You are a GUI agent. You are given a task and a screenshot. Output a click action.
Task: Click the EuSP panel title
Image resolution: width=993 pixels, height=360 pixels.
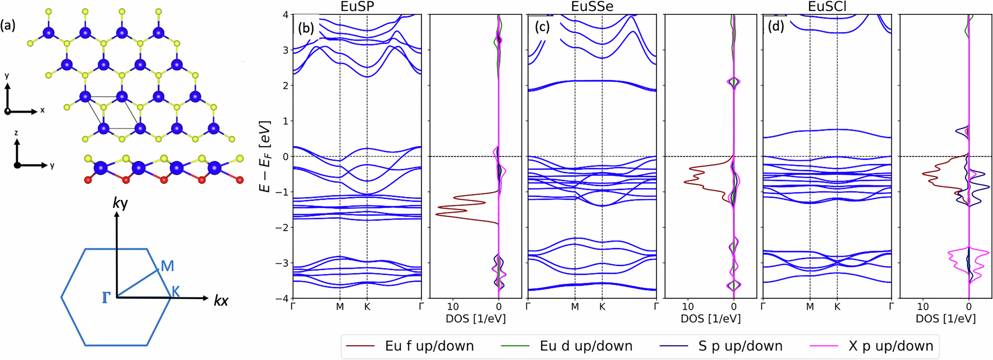[357, 7]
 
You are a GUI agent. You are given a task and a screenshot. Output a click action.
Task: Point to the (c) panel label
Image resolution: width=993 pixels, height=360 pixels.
[542, 27]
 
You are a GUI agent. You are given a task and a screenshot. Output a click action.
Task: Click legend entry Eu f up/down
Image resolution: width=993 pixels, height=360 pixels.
[429, 346]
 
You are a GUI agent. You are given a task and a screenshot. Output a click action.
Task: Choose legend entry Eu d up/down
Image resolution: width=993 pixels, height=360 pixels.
[586, 346]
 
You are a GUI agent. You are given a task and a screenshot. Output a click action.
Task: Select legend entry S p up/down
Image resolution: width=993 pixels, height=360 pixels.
[740, 346]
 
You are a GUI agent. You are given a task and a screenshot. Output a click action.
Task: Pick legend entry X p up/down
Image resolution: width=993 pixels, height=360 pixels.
[890, 346]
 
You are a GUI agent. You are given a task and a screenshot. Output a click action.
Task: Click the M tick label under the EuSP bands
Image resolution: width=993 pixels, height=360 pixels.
[340, 307]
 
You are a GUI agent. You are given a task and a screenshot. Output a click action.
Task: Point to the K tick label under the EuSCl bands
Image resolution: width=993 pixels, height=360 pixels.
[837, 307]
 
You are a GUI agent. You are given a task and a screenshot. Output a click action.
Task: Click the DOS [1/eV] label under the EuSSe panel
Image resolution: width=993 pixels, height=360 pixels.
[710, 319]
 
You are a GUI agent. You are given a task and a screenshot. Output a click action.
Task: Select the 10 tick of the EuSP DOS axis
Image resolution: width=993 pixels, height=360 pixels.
[453, 307]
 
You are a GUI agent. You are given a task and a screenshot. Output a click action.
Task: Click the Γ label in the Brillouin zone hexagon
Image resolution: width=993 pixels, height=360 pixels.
[105, 298]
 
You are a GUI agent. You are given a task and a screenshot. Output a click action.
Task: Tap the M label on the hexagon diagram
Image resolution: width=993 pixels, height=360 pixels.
[167, 266]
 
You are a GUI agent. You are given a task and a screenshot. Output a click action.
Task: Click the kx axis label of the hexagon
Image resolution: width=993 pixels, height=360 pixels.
[221, 300]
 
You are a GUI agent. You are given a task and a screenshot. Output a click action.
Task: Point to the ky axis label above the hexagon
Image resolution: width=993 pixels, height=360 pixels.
[120, 204]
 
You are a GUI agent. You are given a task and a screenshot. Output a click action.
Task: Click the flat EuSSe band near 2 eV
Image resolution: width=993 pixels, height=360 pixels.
[591, 81]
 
